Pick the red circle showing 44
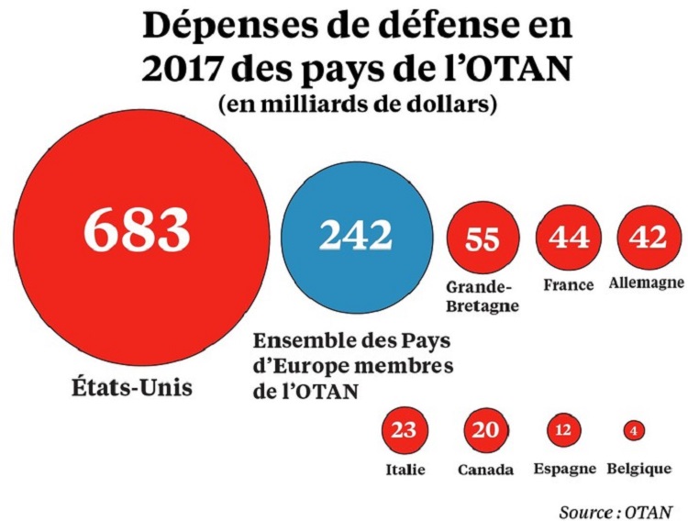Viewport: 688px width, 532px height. [568, 238]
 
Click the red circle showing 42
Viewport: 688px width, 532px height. [649, 238]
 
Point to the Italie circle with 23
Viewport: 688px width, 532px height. [404, 430]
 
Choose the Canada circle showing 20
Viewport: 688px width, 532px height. [485, 430]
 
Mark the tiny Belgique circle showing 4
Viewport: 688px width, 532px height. [633, 429]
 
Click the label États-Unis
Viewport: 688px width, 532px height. [131, 386]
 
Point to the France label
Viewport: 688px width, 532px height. [569, 284]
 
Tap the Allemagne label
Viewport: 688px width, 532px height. [647, 283]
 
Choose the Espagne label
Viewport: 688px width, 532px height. [563, 470]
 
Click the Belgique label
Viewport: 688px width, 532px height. [638, 470]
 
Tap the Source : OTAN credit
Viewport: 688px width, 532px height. [616, 510]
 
